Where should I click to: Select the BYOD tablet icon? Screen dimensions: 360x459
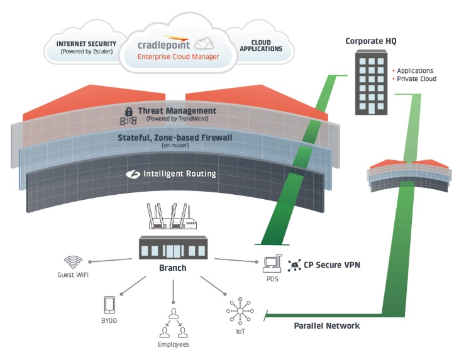tap(109, 305)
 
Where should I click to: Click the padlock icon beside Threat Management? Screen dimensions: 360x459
tap(128, 111)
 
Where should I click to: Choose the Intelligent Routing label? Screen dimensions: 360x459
tap(180, 173)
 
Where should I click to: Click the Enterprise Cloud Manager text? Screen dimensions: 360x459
tap(179, 57)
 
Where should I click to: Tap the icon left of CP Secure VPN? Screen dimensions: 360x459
tap(294, 265)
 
